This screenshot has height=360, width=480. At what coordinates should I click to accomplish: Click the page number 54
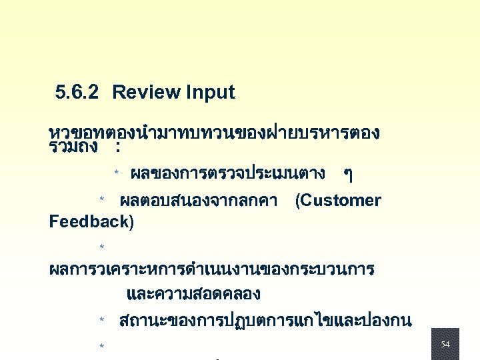[x=445, y=344]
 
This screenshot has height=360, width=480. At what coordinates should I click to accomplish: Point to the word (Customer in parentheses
[x=338, y=201]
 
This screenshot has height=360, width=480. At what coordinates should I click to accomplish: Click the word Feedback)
[x=91, y=222]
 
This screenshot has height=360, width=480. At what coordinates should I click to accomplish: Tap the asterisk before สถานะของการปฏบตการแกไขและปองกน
[x=102, y=321]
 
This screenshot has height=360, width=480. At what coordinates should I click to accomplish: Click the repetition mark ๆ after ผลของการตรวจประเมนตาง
[x=347, y=175]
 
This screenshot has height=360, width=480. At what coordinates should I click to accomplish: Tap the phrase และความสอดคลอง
[x=193, y=294]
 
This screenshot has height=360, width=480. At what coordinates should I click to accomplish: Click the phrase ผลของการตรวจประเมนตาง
[x=228, y=174]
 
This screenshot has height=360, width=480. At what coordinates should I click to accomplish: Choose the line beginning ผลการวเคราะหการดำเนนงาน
[x=212, y=270]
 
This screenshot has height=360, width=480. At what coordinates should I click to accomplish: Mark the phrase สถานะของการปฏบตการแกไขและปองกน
[x=265, y=321]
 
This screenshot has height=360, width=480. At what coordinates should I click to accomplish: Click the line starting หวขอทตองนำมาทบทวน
[x=215, y=133]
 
